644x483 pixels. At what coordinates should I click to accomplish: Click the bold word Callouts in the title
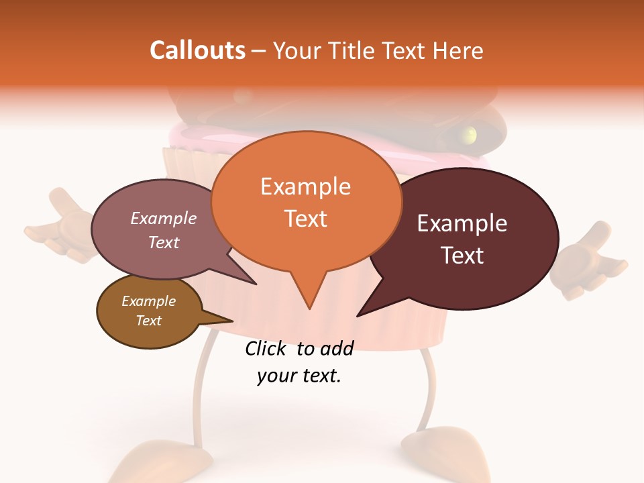197,50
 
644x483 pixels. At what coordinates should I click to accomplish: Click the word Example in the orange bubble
306,186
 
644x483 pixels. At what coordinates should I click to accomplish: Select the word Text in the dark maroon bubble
462,255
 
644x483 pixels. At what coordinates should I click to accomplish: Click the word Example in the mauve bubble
164,218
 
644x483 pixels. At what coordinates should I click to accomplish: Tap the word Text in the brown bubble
149,321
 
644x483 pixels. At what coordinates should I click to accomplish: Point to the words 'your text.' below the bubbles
299,376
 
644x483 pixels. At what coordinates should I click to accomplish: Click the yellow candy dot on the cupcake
471,134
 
